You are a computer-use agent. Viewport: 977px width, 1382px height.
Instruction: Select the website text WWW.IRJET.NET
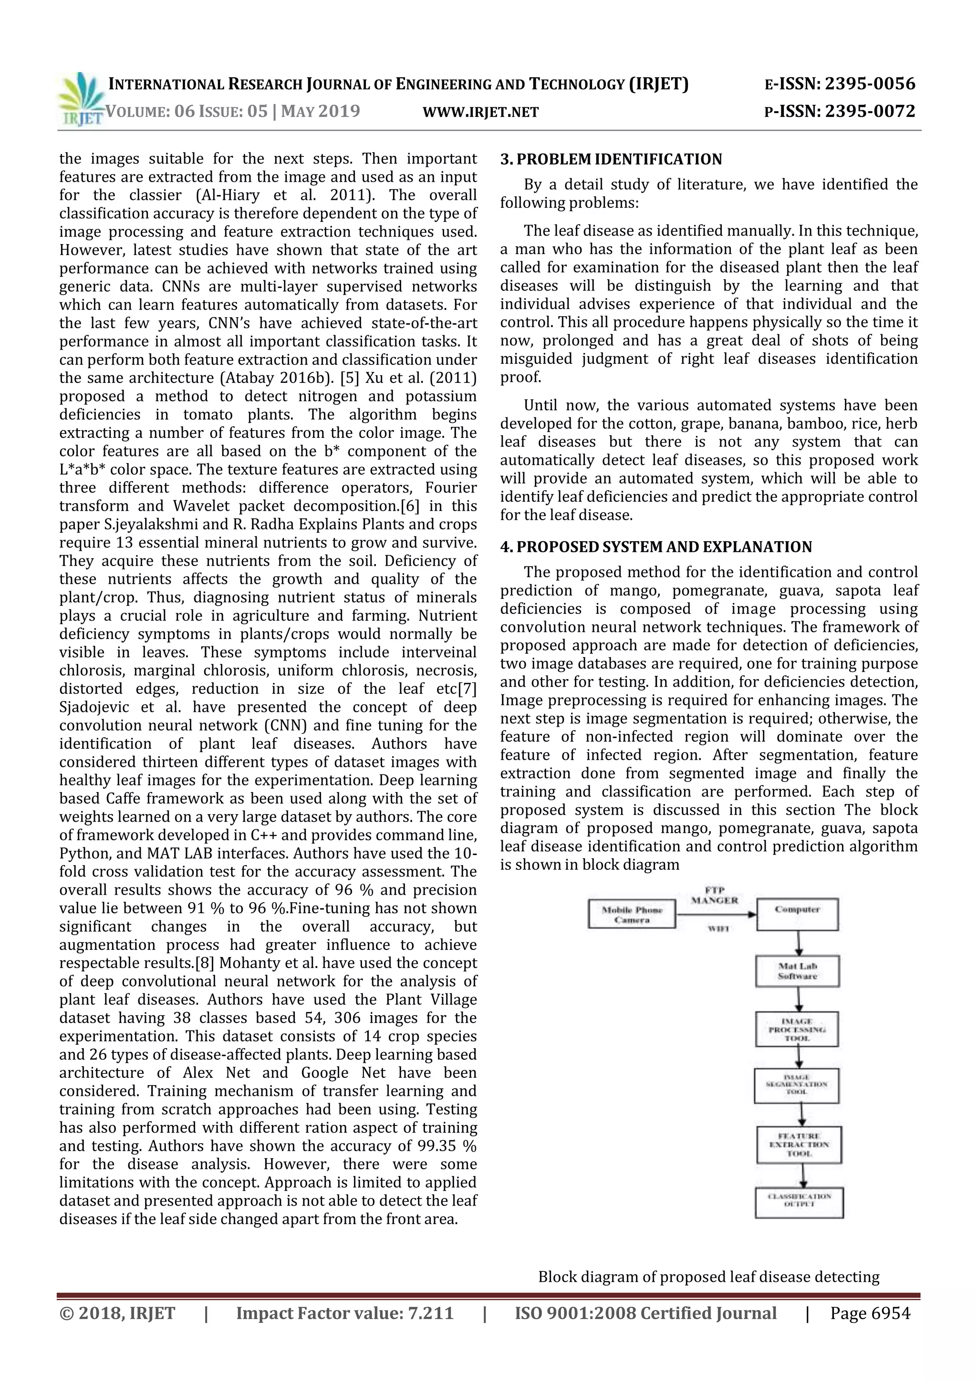(x=480, y=112)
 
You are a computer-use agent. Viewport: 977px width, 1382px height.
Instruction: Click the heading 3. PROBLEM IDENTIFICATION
(x=611, y=159)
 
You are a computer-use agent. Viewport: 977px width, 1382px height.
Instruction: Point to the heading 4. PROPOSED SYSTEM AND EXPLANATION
(x=656, y=547)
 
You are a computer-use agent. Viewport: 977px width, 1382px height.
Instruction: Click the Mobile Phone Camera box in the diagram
(x=632, y=914)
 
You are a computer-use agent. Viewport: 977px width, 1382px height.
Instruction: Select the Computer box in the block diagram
(x=797, y=914)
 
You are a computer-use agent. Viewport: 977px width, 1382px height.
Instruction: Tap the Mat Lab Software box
(x=797, y=971)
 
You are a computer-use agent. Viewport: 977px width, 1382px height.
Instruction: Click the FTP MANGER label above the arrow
(x=715, y=895)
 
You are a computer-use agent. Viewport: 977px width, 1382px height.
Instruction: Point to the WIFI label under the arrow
(x=717, y=929)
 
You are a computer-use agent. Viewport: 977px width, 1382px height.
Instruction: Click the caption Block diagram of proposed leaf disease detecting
(x=708, y=1276)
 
